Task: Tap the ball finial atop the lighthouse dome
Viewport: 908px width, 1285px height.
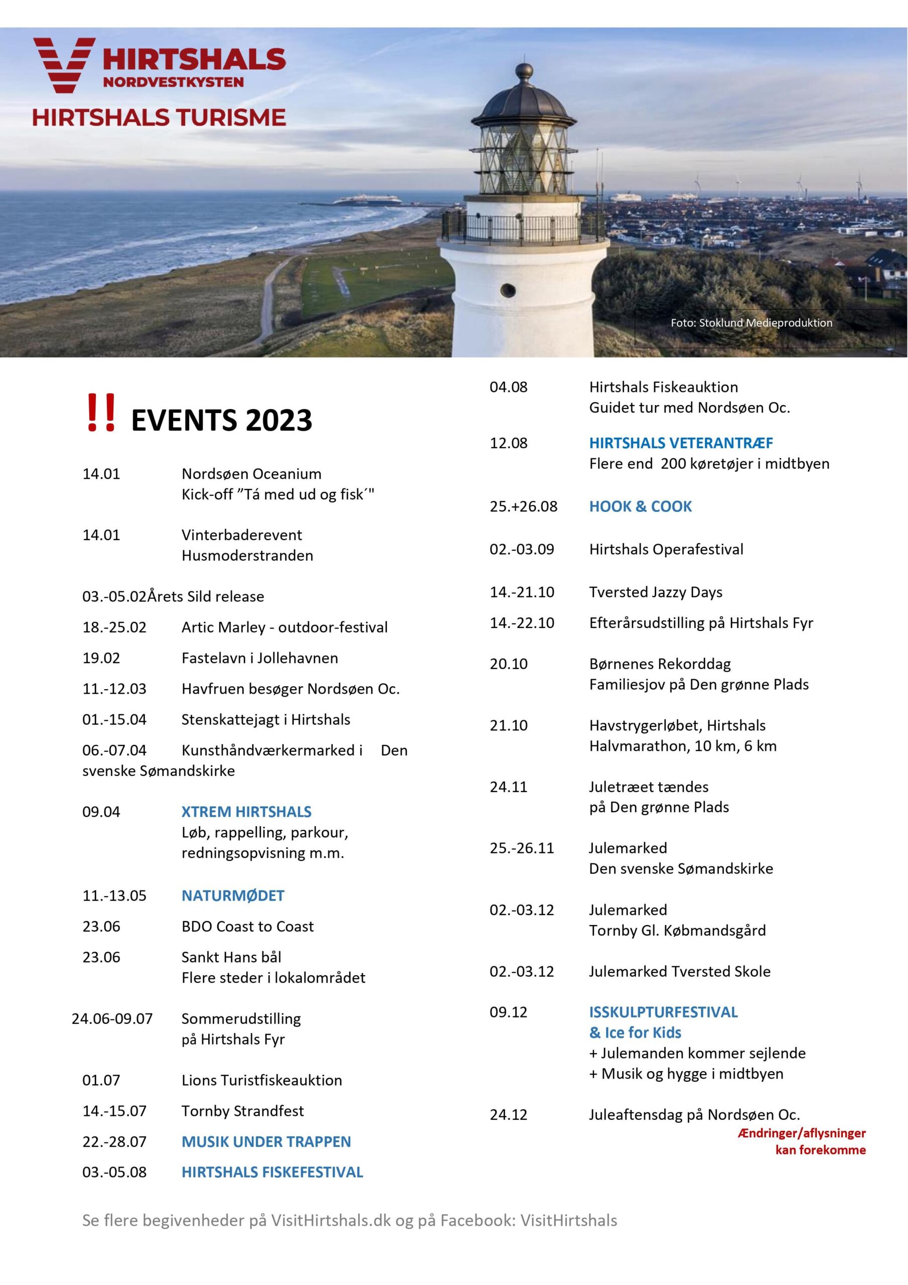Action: click(524, 71)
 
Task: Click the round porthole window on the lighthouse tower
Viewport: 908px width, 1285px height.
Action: click(508, 290)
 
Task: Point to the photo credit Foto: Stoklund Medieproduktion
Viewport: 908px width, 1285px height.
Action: click(751, 323)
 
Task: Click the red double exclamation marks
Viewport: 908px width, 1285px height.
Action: click(101, 413)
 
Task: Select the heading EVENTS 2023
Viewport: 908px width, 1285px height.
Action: click(222, 420)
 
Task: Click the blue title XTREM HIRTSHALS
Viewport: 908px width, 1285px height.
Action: click(246, 812)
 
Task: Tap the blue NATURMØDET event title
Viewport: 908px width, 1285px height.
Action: click(233, 895)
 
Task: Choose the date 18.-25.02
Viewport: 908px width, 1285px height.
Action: click(114, 627)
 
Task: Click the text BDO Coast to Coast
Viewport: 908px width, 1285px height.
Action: click(247, 926)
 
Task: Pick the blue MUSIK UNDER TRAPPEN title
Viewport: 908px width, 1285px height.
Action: click(266, 1142)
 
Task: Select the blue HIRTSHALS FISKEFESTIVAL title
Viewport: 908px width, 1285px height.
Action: click(272, 1173)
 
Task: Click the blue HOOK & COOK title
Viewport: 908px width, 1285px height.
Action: click(640, 506)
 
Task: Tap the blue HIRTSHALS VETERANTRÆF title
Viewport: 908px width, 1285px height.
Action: click(680, 443)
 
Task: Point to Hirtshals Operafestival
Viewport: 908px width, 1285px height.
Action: click(666, 550)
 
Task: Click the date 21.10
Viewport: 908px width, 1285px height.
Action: click(508, 726)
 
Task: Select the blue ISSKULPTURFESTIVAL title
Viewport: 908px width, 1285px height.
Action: click(663, 1012)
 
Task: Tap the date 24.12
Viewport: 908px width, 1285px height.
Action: click(508, 1115)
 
